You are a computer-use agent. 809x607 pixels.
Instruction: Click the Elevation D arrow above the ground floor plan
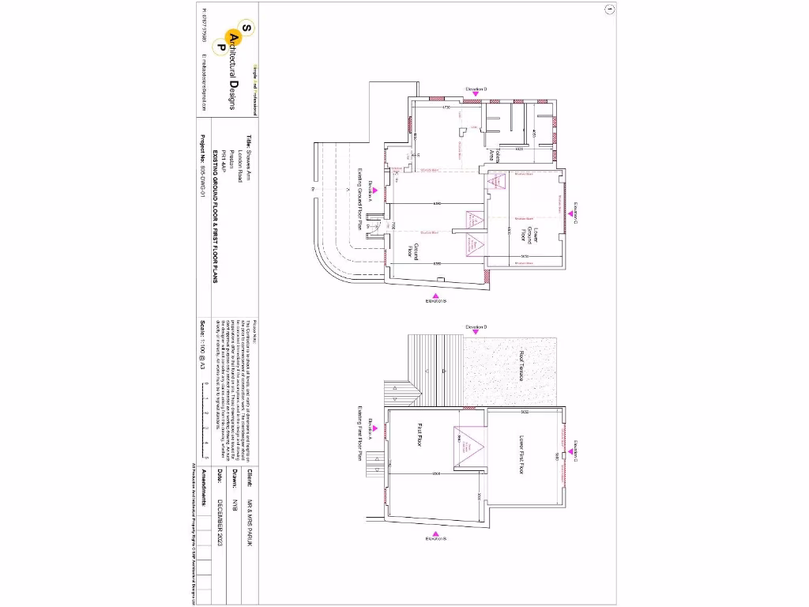click(x=476, y=94)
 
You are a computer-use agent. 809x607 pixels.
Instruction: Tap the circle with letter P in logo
click(x=222, y=47)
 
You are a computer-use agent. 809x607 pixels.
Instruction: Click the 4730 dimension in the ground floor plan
click(x=446, y=107)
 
